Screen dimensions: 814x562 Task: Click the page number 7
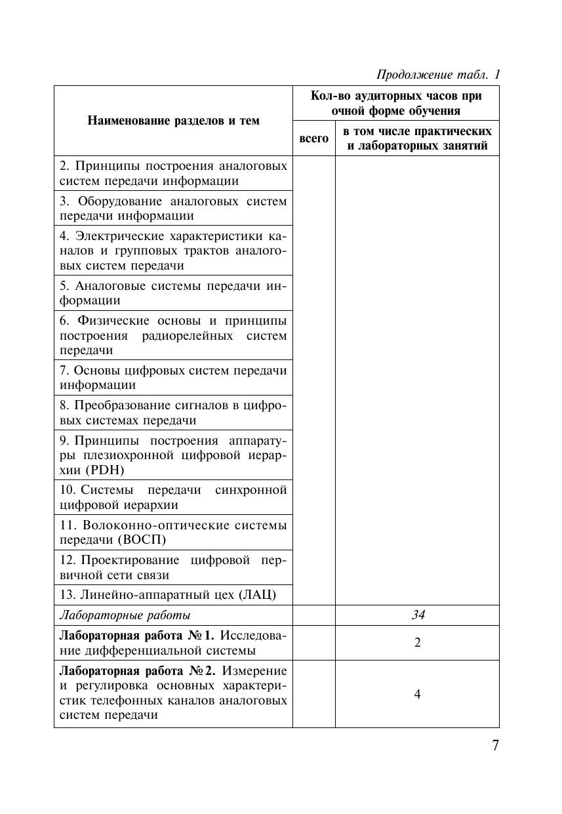pyautogui.click(x=495, y=746)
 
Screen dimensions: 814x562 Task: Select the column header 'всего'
pyautogui.click(x=313, y=138)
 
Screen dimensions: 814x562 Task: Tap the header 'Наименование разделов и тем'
pyautogui.click(x=173, y=121)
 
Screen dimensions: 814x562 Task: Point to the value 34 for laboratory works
pyautogui.click(x=417, y=615)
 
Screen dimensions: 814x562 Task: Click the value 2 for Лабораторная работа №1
pyautogui.click(x=417, y=643)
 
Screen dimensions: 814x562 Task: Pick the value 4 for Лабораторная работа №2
pyautogui.click(x=417, y=694)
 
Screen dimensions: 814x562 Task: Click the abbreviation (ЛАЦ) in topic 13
pyautogui.click(x=258, y=595)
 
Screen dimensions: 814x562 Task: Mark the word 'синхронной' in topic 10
pyautogui.click(x=251, y=491)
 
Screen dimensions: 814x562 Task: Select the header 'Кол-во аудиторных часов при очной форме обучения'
pyautogui.click(x=395, y=103)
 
